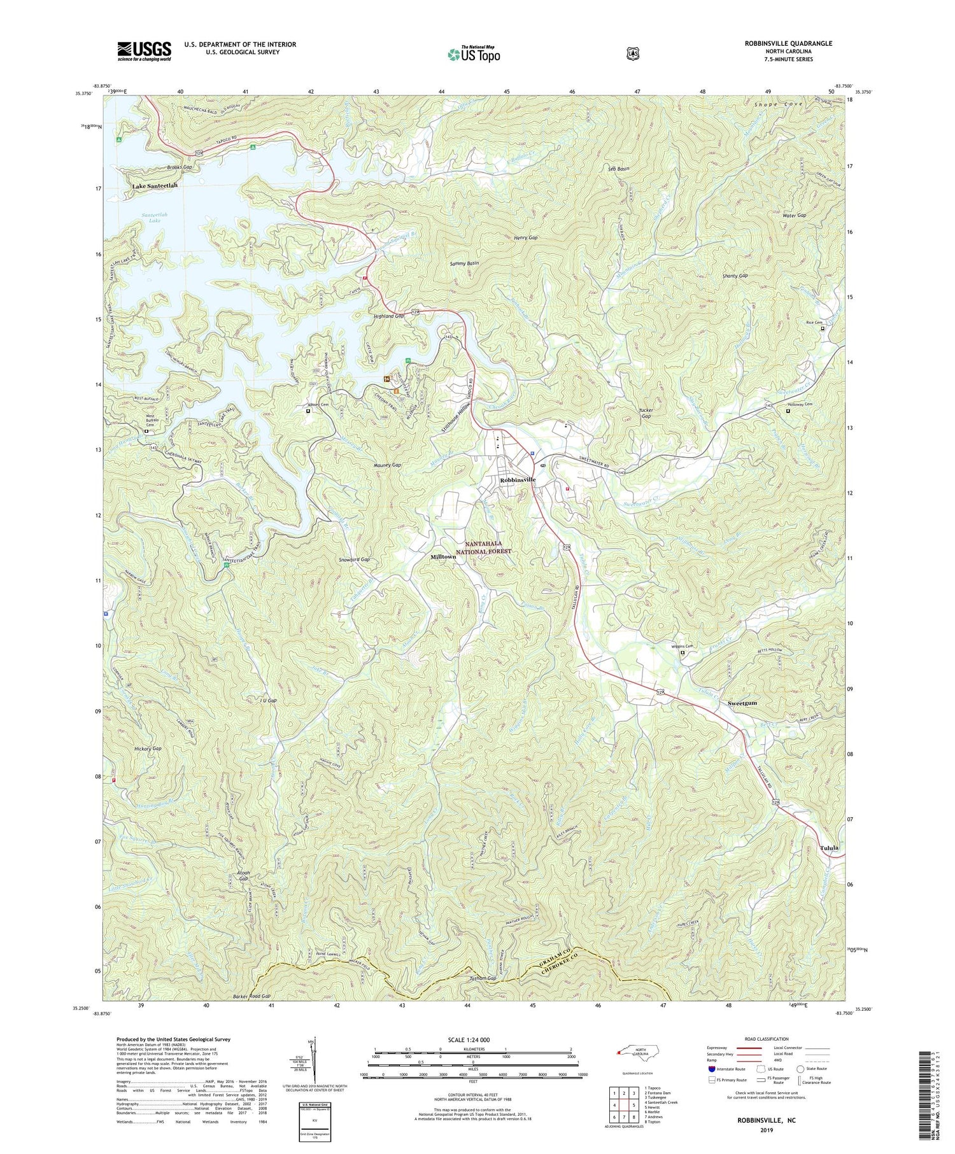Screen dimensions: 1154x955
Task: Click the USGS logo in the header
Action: pos(144,51)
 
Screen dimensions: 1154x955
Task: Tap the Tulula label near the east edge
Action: pos(828,848)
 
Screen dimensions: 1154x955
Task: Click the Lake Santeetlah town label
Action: pos(155,186)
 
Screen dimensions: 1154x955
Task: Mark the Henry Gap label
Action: pos(525,237)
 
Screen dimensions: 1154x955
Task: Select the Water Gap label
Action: pos(794,215)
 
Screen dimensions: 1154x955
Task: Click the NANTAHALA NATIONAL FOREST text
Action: pos(488,548)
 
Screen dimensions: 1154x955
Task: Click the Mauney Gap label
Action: pos(387,465)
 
